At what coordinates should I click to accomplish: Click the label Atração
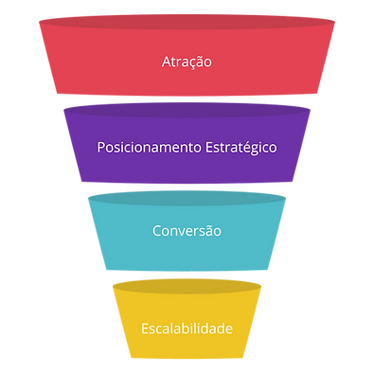(187, 62)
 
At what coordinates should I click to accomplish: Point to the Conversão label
(187, 230)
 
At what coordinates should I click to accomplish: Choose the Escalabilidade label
(187, 329)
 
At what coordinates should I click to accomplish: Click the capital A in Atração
(166, 62)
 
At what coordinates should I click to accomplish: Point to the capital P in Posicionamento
(101, 148)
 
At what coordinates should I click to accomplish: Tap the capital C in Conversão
(156, 230)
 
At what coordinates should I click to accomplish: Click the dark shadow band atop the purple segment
(187, 109)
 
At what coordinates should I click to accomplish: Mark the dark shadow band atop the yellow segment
(187, 283)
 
